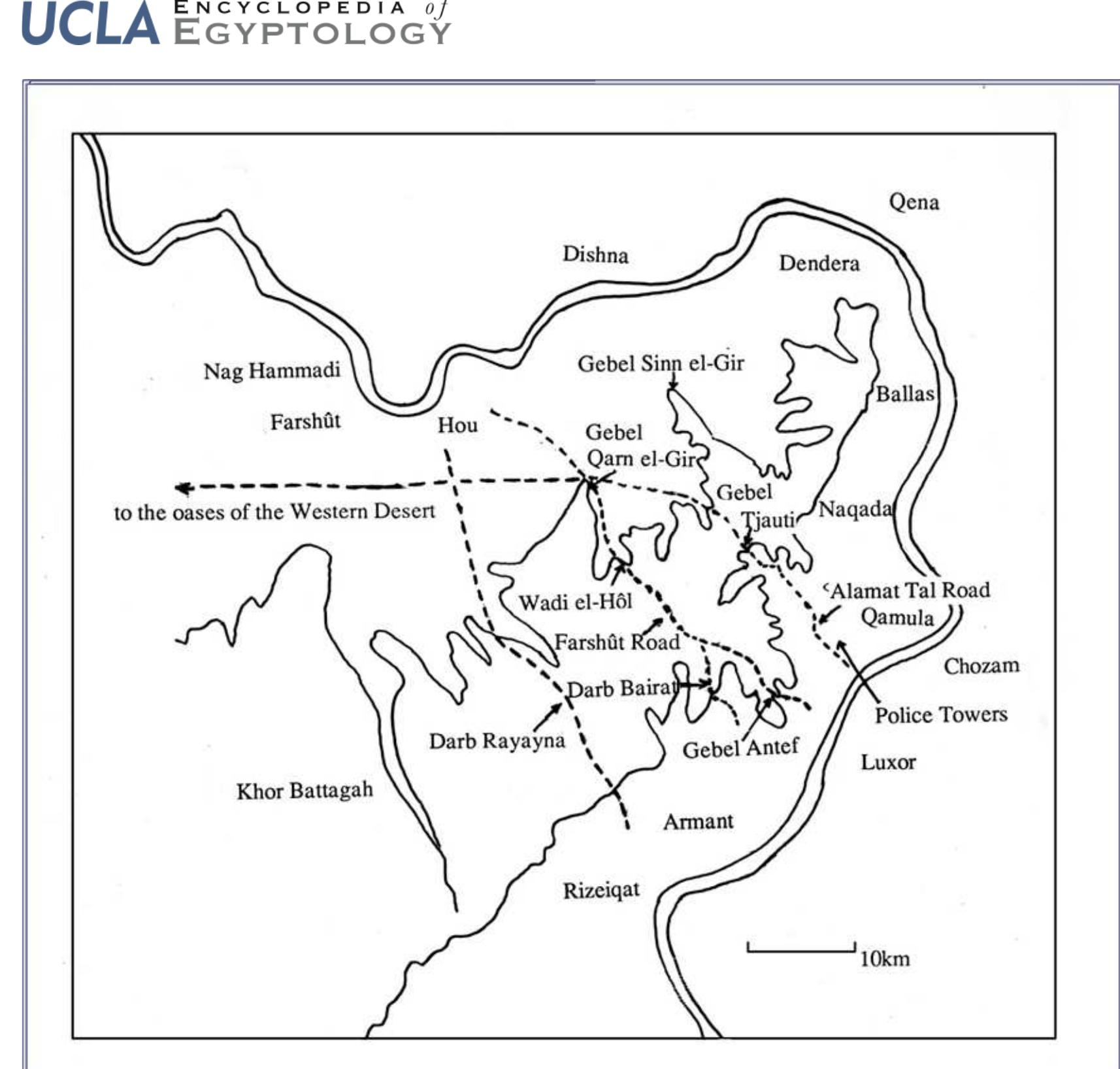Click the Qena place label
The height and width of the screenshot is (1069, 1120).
point(914,202)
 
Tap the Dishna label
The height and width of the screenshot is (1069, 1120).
point(595,254)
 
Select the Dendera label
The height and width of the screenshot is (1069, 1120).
point(819,263)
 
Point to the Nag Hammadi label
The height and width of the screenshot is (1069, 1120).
point(272,371)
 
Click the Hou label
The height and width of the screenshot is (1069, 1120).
point(457,425)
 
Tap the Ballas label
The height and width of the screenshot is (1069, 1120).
point(904,393)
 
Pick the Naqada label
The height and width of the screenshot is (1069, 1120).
point(855,509)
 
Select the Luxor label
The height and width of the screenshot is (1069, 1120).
point(888,762)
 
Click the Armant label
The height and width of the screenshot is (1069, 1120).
point(698,821)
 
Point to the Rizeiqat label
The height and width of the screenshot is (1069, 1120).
point(601,890)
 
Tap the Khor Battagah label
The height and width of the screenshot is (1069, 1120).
point(305,791)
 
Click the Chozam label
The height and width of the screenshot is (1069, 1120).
point(981,666)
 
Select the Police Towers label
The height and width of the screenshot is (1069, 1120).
point(941,715)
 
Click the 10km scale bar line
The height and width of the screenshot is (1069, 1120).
point(801,950)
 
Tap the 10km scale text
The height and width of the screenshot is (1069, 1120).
point(884,959)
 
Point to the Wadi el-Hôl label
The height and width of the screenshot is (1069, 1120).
point(575,601)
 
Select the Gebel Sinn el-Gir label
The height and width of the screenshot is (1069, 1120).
point(661,363)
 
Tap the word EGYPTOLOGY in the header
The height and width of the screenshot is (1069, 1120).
point(312,33)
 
